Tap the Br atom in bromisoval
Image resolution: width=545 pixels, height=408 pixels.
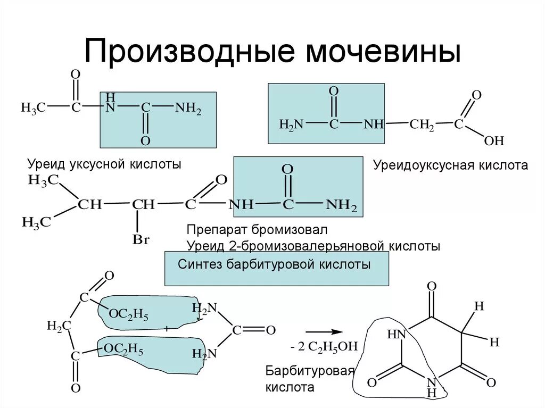click(x=141, y=240)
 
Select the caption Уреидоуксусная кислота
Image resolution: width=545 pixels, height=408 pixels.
click(x=450, y=165)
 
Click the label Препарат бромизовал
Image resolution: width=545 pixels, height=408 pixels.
click(x=257, y=230)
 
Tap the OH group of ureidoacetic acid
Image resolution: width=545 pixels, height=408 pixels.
click(x=493, y=141)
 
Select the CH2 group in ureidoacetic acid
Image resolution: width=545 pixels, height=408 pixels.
click(x=422, y=124)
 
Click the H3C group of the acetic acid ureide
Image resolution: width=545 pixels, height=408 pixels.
click(x=33, y=107)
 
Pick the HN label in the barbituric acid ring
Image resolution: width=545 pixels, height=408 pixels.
click(x=397, y=334)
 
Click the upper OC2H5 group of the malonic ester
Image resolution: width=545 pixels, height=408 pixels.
click(x=128, y=314)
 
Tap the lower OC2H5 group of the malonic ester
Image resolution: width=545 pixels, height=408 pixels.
click(x=123, y=349)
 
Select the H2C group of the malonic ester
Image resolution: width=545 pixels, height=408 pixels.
click(x=59, y=326)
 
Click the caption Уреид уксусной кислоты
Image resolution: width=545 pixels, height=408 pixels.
click(x=104, y=164)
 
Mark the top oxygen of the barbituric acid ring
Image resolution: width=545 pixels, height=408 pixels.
click(x=432, y=287)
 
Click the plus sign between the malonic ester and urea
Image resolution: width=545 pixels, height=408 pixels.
click(x=167, y=330)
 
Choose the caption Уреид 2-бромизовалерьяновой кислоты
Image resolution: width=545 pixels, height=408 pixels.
click(x=313, y=246)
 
